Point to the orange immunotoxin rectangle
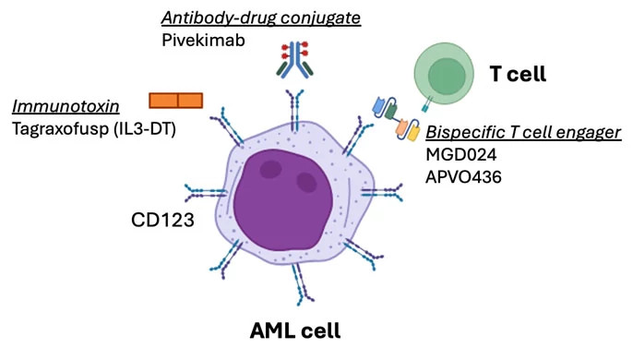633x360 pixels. pos(176,100)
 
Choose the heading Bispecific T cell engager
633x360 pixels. pos(523,133)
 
